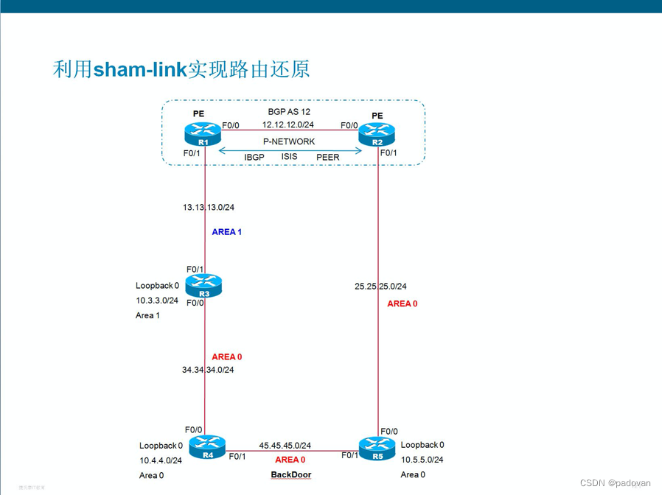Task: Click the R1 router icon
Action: click(203, 135)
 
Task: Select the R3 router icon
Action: click(203, 285)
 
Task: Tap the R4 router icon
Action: click(207, 446)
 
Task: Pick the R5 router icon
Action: click(377, 448)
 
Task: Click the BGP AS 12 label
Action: click(289, 112)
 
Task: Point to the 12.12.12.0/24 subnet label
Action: click(288, 125)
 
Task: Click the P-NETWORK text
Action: click(289, 141)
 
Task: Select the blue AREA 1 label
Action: click(226, 232)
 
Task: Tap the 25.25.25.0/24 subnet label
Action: click(380, 287)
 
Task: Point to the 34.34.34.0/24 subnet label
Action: click(208, 370)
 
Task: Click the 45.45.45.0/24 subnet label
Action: click(285, 446)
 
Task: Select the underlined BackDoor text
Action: click(290, 475)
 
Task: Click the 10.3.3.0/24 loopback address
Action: click(157, 301)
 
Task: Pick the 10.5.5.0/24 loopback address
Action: click(422, 460)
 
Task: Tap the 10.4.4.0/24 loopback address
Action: click(161, 460)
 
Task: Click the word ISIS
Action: click(290, 156)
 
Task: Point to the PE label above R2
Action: click(377, 116)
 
